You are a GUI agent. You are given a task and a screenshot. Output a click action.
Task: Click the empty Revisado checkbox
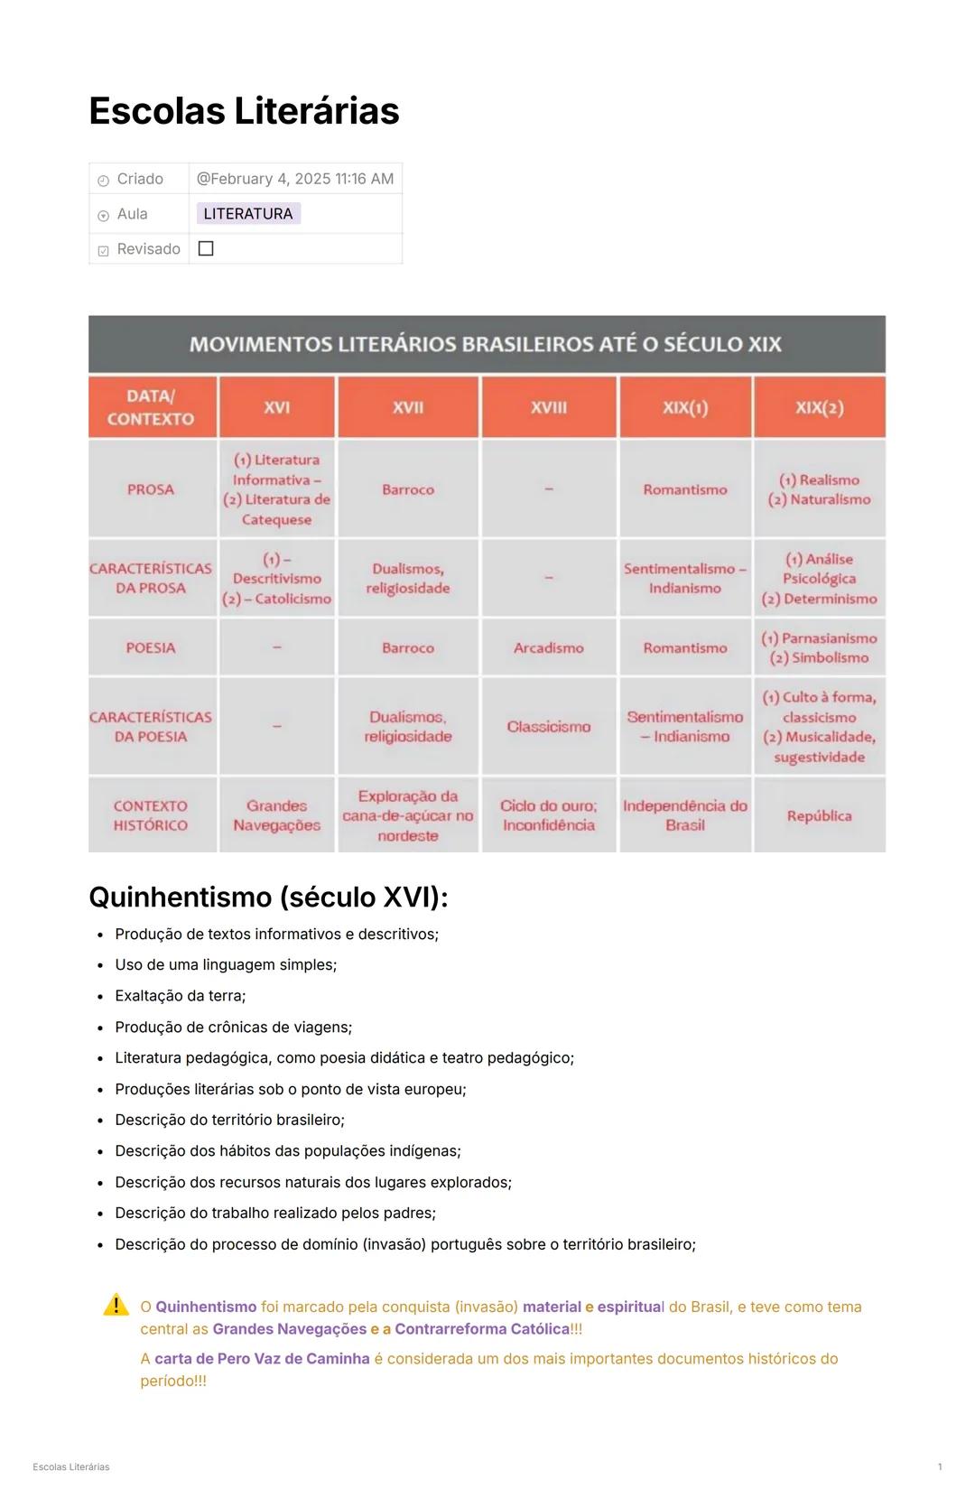click(x=206, y=248)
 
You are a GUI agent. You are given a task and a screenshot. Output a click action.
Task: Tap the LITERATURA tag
click(x=248, y=214)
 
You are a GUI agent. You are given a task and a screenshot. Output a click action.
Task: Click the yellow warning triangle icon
click(x=116, y=1305)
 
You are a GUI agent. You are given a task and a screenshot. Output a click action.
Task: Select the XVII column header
click(x=408, y=407)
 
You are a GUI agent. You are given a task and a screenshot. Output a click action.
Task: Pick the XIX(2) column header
click(x=819, y=407)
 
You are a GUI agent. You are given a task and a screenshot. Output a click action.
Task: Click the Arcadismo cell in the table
click(x=548, y=647)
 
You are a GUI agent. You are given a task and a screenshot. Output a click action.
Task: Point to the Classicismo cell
click(x=548, y=727)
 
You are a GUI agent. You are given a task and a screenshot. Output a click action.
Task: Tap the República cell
click(x=819, y=815)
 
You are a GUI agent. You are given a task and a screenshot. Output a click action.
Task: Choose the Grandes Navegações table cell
click(x=276, y=815)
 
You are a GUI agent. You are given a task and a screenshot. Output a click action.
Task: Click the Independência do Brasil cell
click(x=684, y=815)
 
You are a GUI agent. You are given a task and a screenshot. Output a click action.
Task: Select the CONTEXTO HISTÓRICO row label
click(x=151, y=815)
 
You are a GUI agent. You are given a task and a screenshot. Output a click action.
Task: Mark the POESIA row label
click(x=151, y=647)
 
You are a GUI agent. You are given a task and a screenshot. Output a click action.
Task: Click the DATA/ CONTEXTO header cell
click(x=151, y=407)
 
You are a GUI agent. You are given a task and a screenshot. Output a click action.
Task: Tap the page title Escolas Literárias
click(x=244, y=111)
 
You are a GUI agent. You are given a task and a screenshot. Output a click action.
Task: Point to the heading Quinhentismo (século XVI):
click(x=268, y=897)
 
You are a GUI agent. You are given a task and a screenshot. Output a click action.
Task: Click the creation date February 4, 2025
click(x=295, y=179)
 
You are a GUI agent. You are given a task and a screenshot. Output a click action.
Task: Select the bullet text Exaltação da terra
click(x=180, y=996)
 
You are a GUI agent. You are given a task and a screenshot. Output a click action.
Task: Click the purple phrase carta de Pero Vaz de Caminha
click(x=262, y=1359)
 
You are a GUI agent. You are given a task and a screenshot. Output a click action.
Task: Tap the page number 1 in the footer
click(x=940, y=1467)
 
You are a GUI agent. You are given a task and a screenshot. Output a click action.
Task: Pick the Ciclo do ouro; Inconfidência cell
click(x=548, y=815)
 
